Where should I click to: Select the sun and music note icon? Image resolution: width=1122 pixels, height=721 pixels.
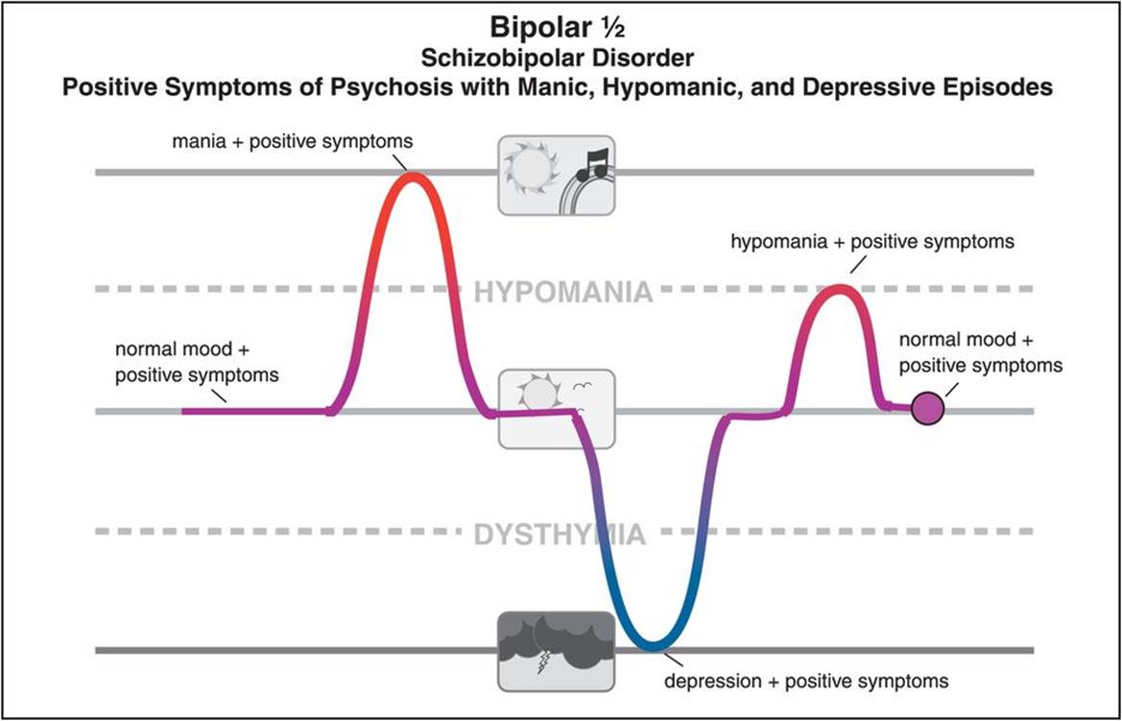(x=556, y=174)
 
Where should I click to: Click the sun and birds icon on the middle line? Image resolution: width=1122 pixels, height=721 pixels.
(x=556, y=408)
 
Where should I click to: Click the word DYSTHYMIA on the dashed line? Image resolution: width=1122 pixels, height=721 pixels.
(x=560, y=534)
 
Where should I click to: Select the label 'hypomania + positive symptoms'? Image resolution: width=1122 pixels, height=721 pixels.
(x=872, y=243)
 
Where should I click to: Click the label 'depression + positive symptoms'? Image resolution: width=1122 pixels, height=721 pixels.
(x=807, y=681)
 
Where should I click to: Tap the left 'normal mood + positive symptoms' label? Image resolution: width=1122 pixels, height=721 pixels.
(x=197, y=362)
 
